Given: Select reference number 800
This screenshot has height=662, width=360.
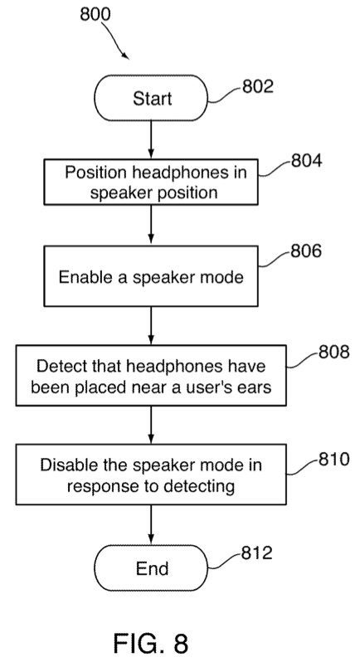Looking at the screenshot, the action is point(95,14).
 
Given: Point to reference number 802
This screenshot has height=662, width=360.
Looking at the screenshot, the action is point(258,86).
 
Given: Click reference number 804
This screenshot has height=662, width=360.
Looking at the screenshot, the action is point(306,161).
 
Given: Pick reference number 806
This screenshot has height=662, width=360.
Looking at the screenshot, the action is point(306,251).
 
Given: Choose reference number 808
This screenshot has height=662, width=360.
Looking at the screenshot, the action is point(333,352).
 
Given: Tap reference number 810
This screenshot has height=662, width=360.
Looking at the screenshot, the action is point(333,459).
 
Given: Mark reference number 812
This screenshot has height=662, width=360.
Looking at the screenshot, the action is point(257,552).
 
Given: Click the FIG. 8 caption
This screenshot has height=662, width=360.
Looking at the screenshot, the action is point(151,643).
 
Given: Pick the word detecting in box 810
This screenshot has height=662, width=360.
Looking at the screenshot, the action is point(199,487).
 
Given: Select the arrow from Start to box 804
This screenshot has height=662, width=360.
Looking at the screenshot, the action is point(151,140).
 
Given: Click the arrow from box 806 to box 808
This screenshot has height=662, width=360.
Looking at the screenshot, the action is point(151,326).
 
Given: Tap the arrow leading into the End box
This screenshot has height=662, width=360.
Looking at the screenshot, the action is point(151,525).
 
